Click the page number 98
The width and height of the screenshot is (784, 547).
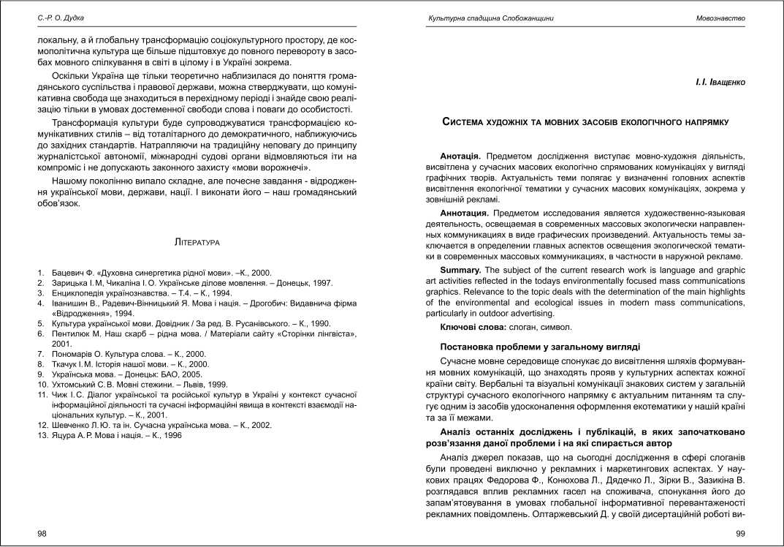[x=42, y=534]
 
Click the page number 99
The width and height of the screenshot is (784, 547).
[x=740, y=534]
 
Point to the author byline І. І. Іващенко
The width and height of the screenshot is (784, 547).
[x=720, y=83]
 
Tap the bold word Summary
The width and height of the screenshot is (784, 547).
[x=460, y=270]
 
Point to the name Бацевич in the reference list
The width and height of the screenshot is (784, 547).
[x=69, y=271]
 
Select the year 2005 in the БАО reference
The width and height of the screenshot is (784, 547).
[x=166, y=374]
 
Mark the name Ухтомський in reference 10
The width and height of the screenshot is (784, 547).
[x=77, y=384]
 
